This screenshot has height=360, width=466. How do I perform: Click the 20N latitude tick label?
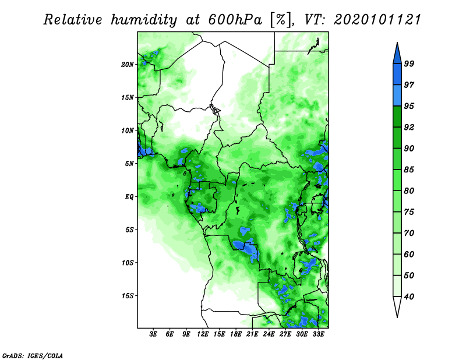point(128,65)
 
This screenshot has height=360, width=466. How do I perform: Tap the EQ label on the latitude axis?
point(129,197)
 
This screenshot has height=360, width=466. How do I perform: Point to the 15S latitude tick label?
point(128,296)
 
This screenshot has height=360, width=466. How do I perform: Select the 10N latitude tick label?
point(128,131)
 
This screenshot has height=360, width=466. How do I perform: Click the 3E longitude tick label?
point(153,334)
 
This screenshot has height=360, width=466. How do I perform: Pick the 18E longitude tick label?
point(236,334)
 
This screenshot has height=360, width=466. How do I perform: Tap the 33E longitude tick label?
point(318,334)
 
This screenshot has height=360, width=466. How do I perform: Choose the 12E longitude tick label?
point(203,334)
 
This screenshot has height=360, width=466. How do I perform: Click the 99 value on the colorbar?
point(409,63)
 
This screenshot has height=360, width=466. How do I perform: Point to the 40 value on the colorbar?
point(409,297)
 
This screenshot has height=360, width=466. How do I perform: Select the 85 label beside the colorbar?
point(409,170)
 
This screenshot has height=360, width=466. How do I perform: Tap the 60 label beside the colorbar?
point(409,254)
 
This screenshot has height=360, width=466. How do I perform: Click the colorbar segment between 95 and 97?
point(397,96)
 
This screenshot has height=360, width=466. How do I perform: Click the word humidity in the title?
point(144,20)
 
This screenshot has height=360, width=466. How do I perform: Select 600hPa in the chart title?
point(235,20)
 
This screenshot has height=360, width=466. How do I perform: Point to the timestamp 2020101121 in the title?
point(377,20)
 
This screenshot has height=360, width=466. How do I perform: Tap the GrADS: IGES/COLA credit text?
point(33,355)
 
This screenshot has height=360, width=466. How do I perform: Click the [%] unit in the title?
point(281,20)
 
